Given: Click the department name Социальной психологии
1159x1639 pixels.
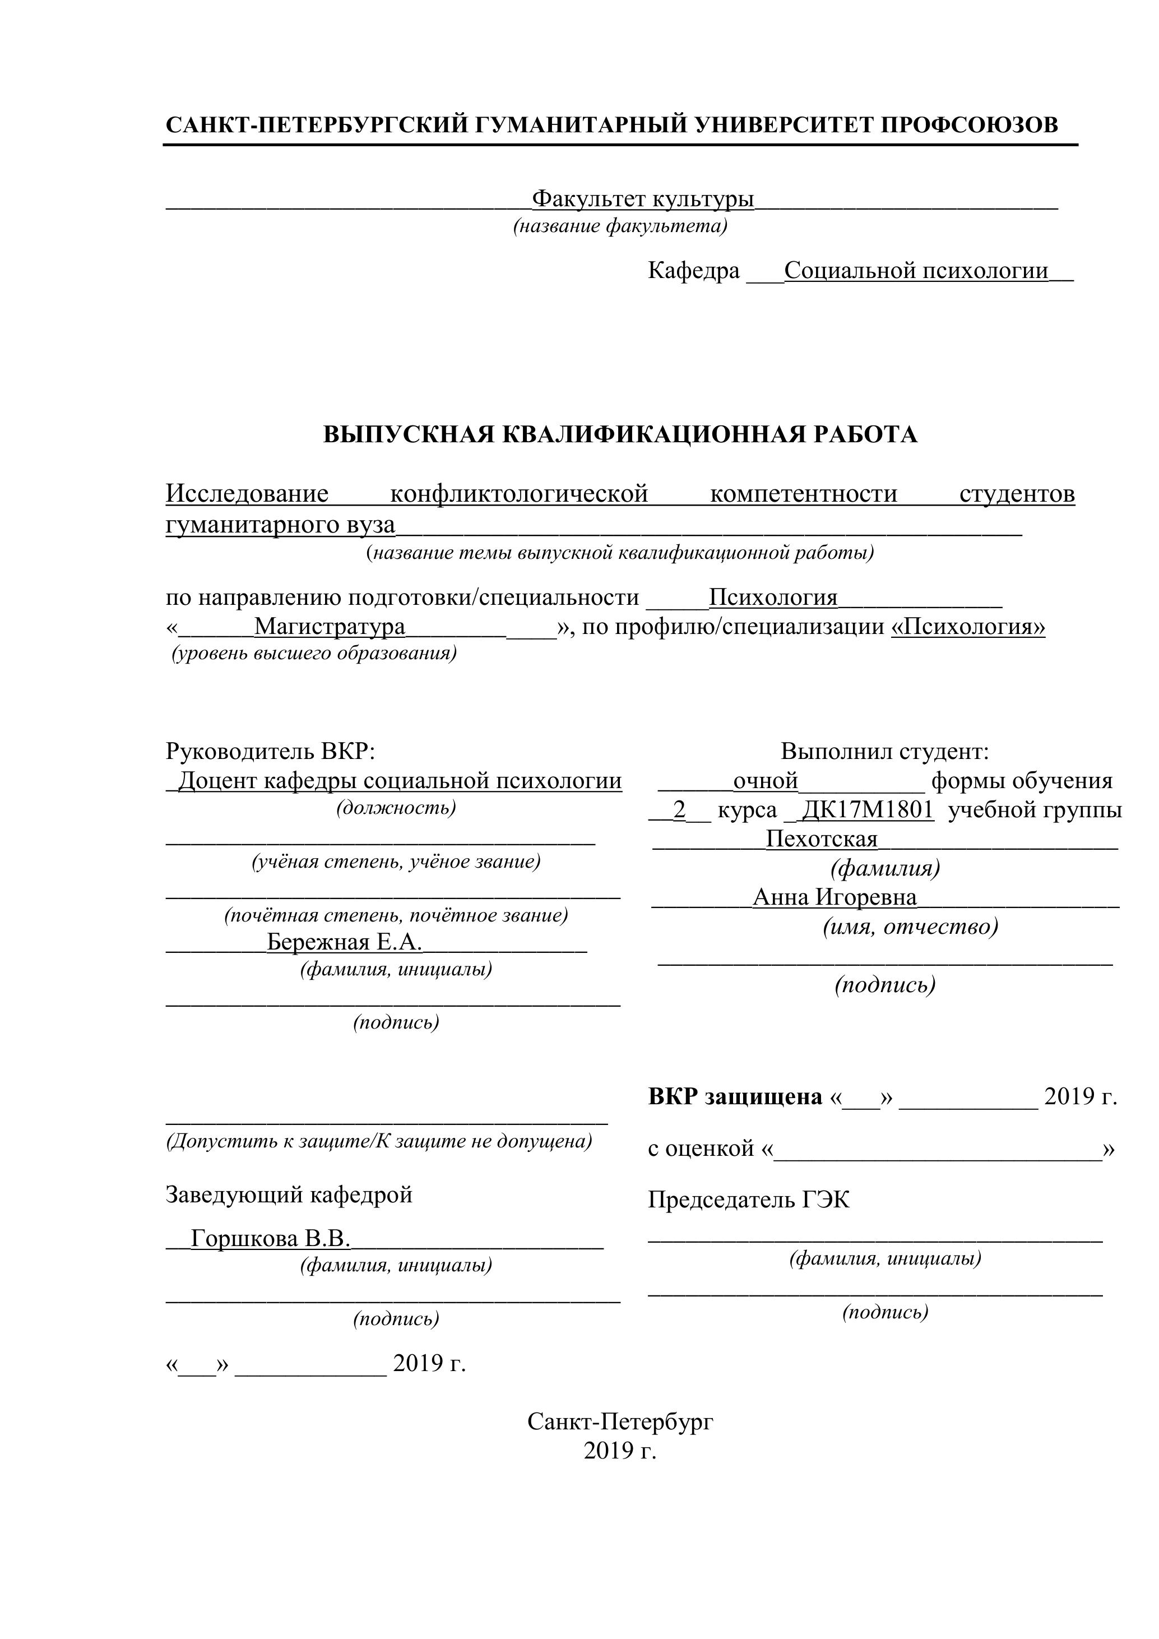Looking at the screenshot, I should coord(916,271).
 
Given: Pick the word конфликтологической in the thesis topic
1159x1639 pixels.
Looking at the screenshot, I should coord(519,493).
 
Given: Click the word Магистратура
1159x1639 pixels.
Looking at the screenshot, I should coord(330,627).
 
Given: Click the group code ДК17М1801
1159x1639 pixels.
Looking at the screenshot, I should coord(868,809).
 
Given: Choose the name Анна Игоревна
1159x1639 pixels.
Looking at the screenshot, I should coord(835,897).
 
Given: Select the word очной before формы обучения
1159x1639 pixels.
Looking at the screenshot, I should coord(765,781).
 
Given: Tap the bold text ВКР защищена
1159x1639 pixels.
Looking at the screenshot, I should coord(735,1096).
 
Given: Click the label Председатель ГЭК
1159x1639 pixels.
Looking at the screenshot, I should coord(749,1200).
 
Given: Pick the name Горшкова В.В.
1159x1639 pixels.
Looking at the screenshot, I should coord(271,1239).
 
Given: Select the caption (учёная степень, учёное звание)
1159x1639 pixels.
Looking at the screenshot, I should coord(396,862).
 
